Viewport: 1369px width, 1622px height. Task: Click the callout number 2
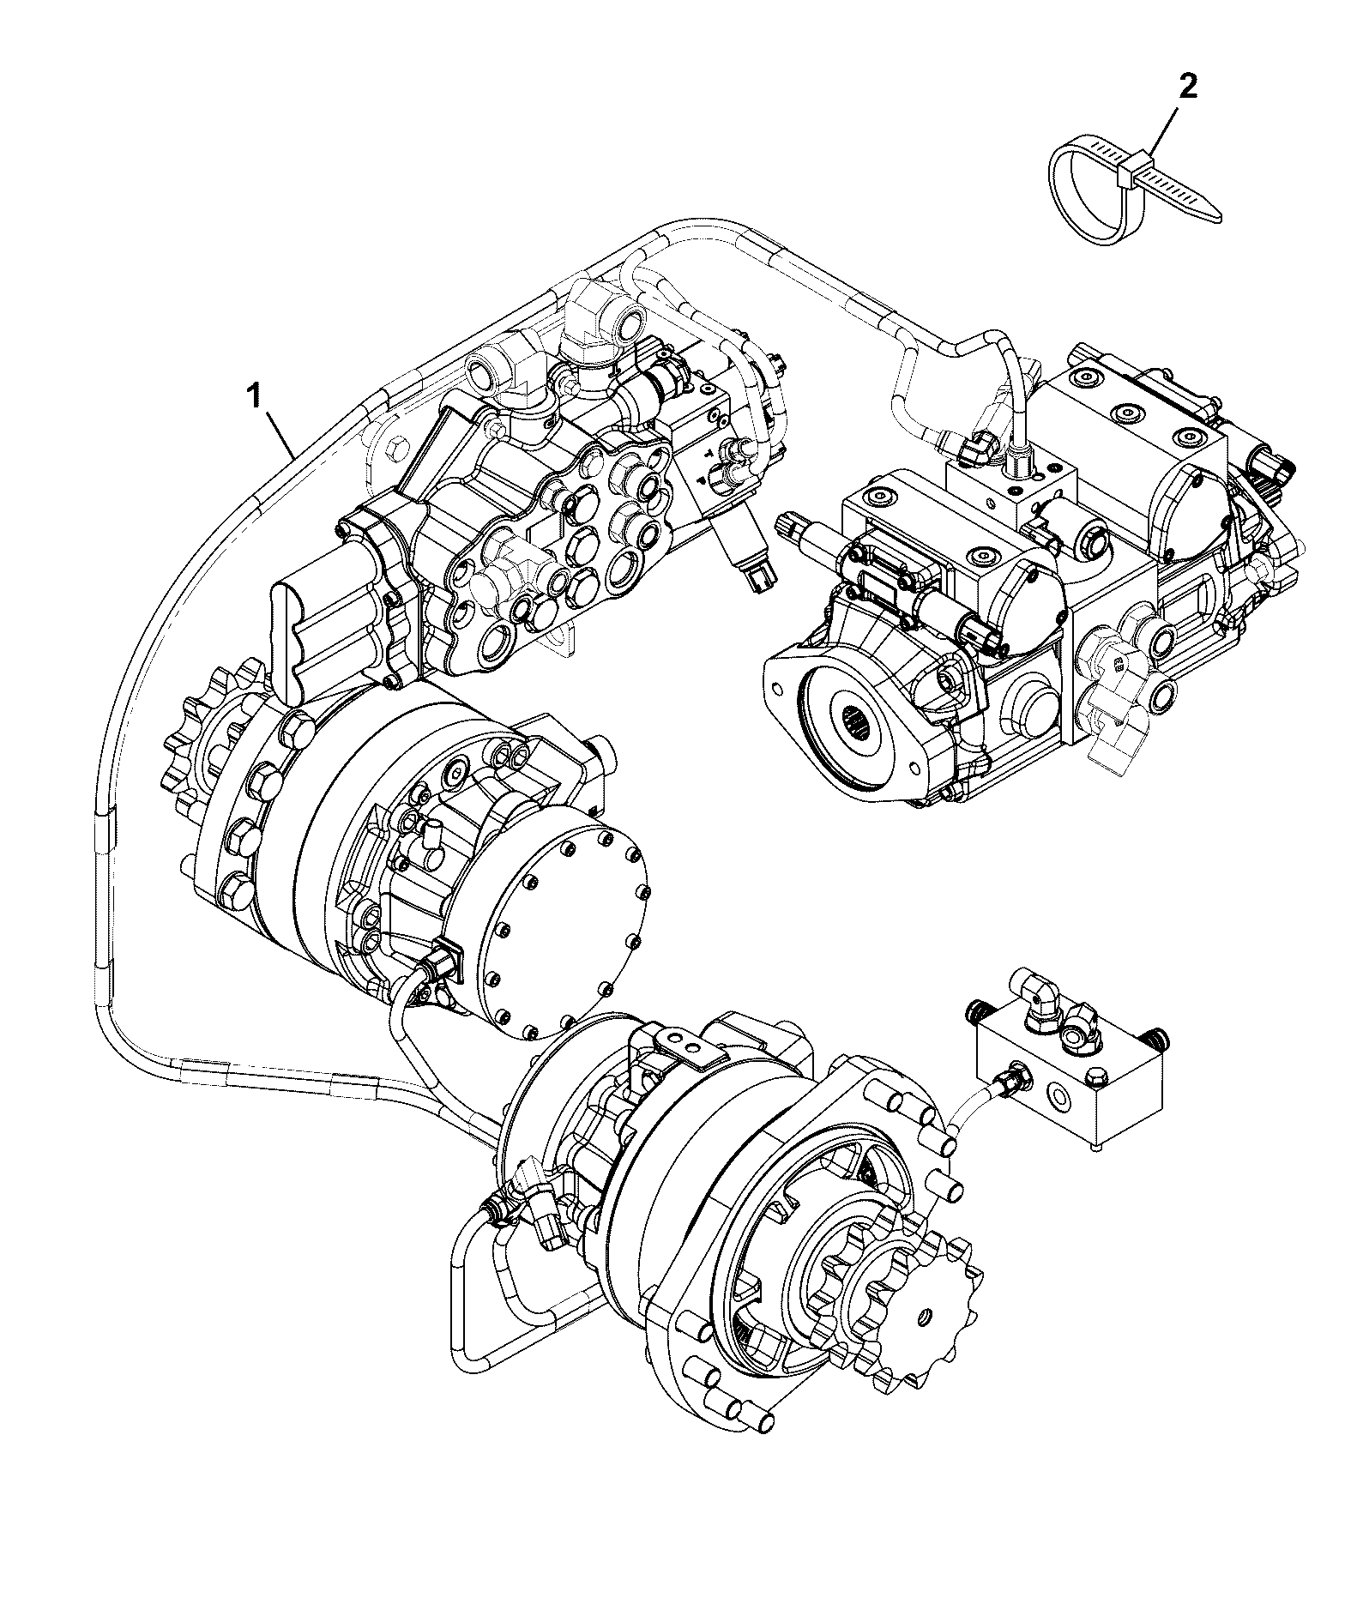point(1186,88)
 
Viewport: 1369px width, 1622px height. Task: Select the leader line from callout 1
point(279,435)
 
